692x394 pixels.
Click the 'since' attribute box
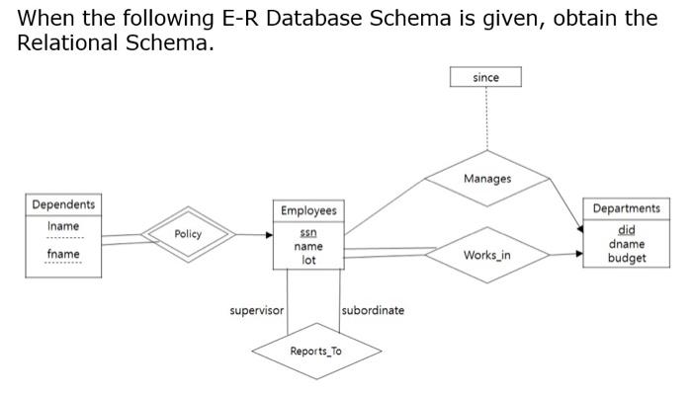coord(485,77)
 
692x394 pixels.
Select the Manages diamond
coord(487,179)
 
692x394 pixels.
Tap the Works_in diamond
coord(487,256)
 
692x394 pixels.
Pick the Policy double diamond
coord(188,234)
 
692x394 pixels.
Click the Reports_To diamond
coord(316,351)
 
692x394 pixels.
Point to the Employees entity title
coord(308,210)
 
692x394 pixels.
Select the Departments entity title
coord(627,208)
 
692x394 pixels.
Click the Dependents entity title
coord(64,204)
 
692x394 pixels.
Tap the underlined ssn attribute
coord(308,232)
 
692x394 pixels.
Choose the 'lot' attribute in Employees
coord(308,260)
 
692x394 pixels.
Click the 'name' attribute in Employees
coord(308,246)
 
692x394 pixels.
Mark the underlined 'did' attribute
coord(627,230)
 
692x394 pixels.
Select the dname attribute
coord(627,244)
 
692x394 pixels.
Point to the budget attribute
coord(627,258)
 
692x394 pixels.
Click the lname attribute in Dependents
coord(64,226)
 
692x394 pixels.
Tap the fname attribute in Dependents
coord(64,254)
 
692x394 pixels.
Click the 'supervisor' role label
coord(257,310)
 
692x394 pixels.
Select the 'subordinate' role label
coord(373,310)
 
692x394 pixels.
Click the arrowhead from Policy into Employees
coord(268,235)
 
